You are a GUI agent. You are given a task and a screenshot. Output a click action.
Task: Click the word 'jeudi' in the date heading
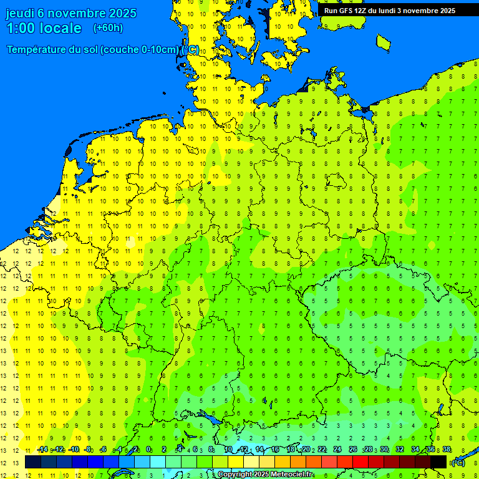21,13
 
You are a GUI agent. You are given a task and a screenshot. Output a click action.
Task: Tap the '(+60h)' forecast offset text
108,28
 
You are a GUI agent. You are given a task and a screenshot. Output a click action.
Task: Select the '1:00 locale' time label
44,28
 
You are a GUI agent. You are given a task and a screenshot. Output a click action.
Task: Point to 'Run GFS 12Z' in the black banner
345,11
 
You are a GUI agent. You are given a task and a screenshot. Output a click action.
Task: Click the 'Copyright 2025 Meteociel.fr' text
265,474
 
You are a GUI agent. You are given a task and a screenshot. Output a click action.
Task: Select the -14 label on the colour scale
42,450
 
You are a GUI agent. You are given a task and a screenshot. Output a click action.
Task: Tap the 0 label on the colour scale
148,450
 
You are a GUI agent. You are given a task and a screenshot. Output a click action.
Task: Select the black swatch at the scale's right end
438,462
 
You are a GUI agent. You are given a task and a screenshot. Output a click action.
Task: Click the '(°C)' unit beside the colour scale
458,463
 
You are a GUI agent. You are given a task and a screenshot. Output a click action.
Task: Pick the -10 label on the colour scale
74,450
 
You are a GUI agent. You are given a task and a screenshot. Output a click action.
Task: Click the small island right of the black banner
384,42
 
